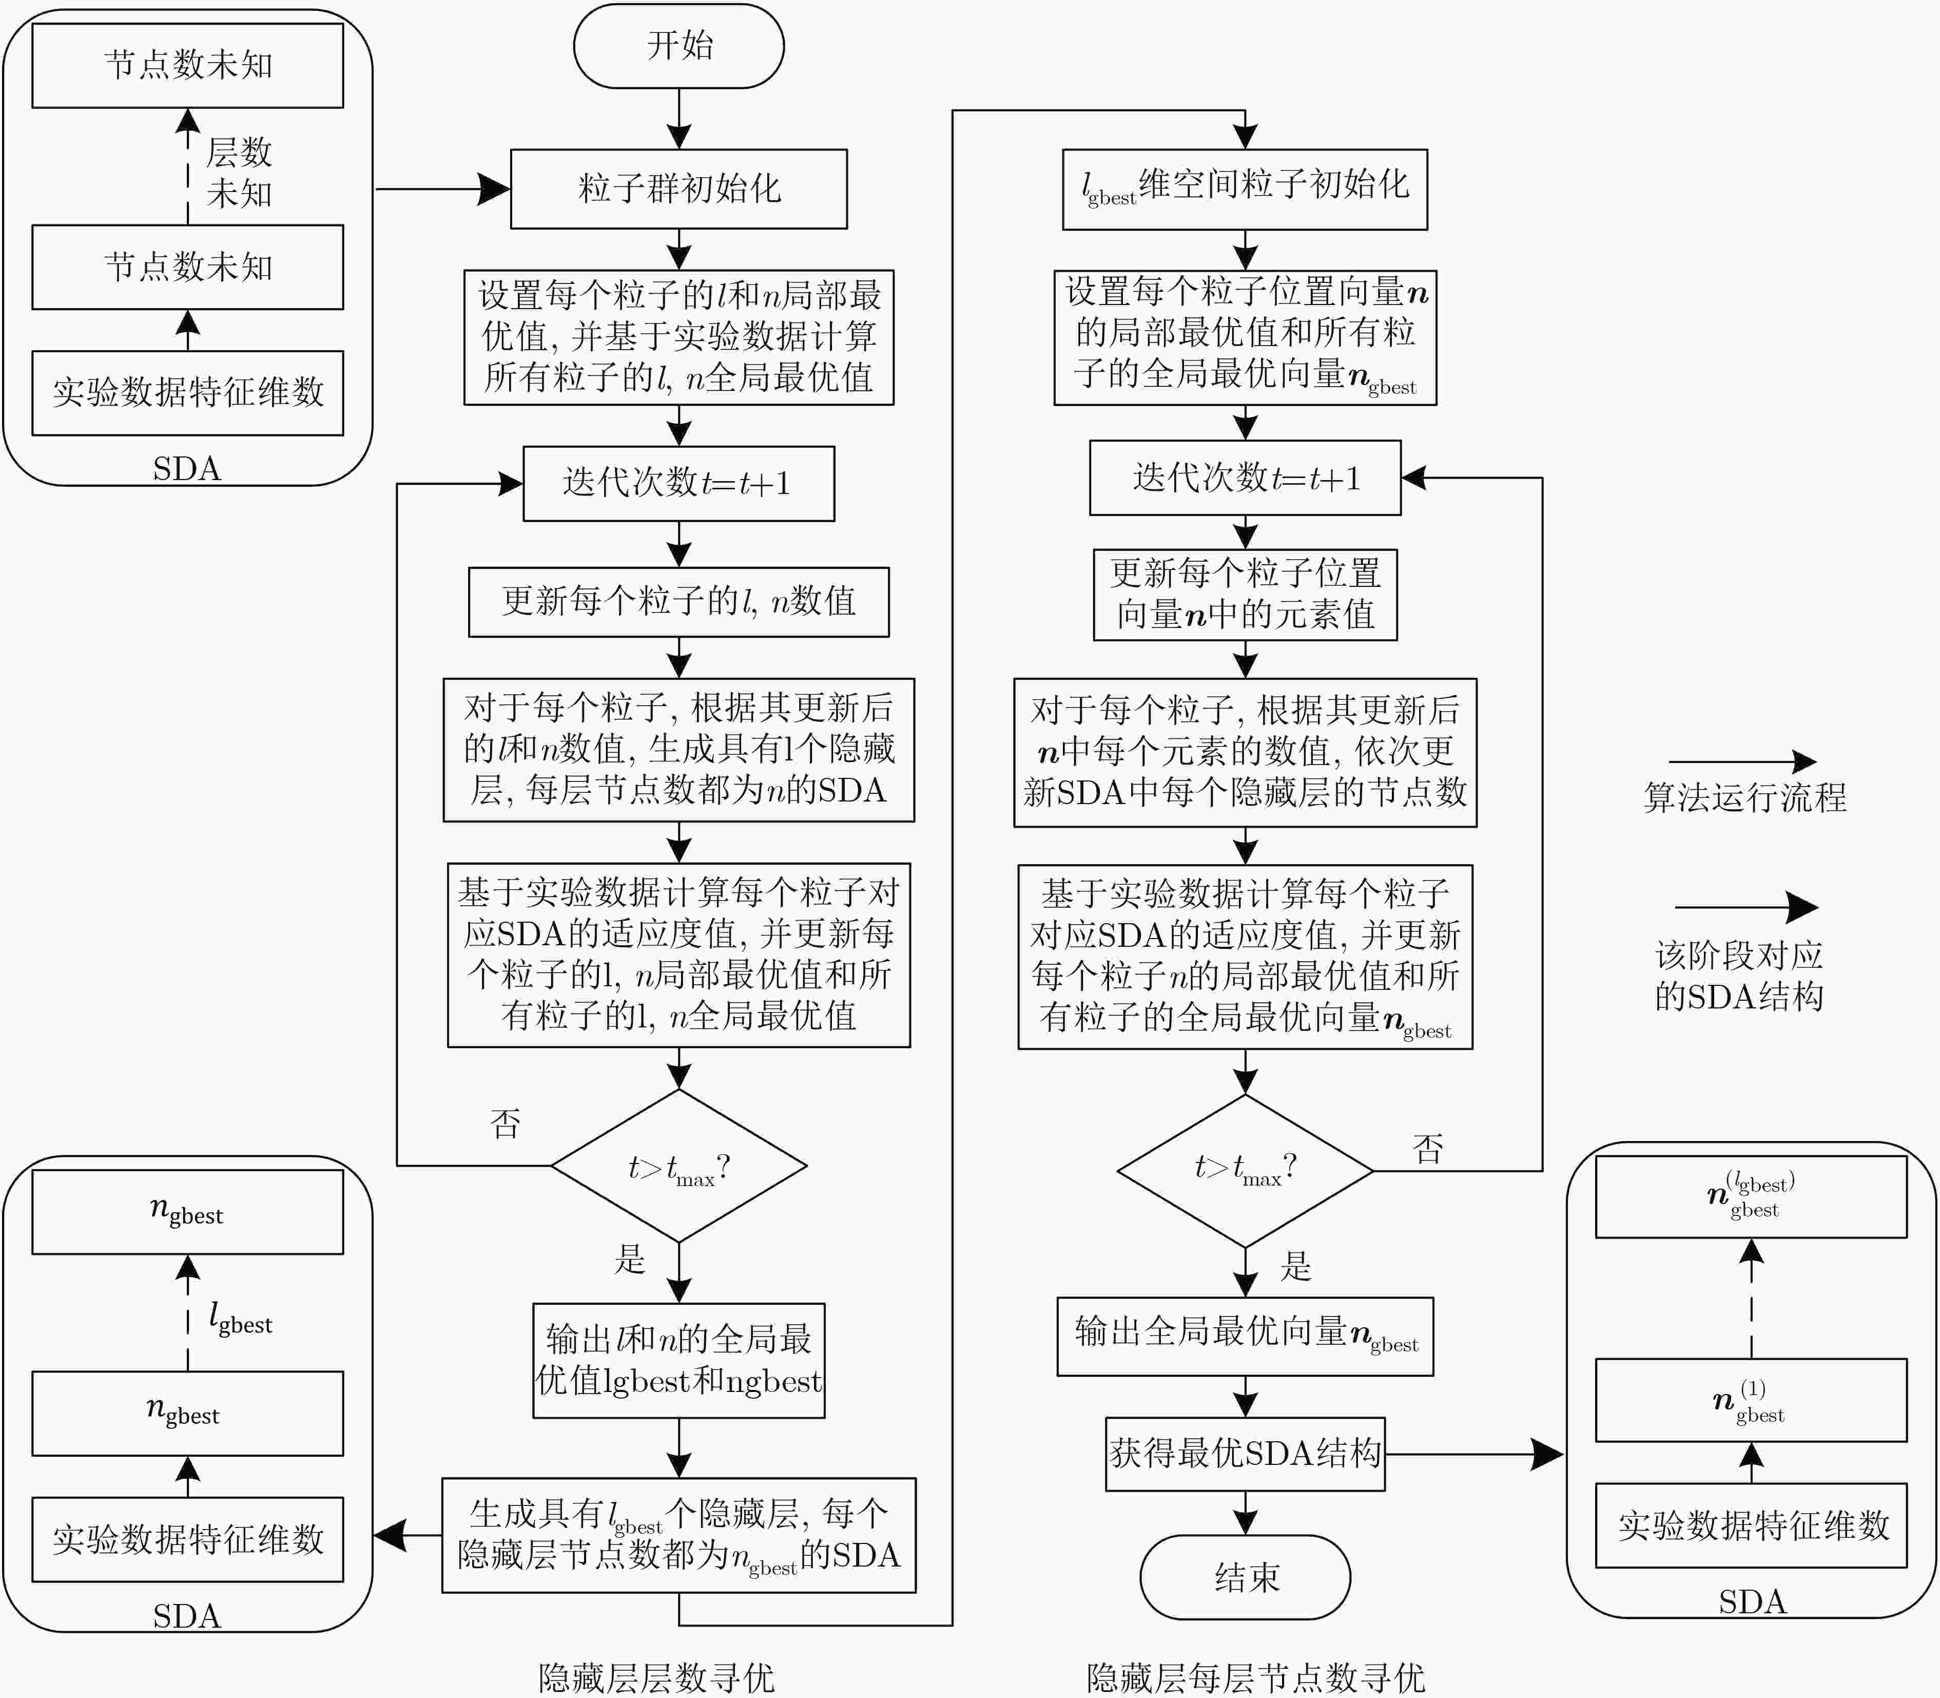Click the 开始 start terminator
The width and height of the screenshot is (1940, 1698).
(678, 46)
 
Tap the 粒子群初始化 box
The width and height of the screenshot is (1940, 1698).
(678, 188)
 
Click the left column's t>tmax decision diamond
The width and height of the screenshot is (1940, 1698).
(678, 1166)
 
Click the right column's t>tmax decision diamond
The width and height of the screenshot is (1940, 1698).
(1245, 1171)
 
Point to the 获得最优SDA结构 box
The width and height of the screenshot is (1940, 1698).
(1245, 1454)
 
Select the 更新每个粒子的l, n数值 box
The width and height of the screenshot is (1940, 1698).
(678, 602)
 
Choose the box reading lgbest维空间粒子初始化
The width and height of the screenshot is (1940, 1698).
(1245, 188)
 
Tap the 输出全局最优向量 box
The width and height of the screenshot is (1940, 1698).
(1245, 1336)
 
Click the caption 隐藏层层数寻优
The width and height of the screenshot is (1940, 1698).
(656, 1676)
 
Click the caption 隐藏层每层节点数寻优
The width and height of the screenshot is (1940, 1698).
(1256, 1676)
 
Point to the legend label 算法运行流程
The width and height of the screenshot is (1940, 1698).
(1745, 797)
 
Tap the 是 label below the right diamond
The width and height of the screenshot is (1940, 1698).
(1295, 1266)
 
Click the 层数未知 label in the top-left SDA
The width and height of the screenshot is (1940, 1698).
(239, 173)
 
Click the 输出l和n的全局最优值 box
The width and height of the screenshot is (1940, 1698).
(678, 1361)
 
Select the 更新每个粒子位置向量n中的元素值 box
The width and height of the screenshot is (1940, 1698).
(1245, 594)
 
